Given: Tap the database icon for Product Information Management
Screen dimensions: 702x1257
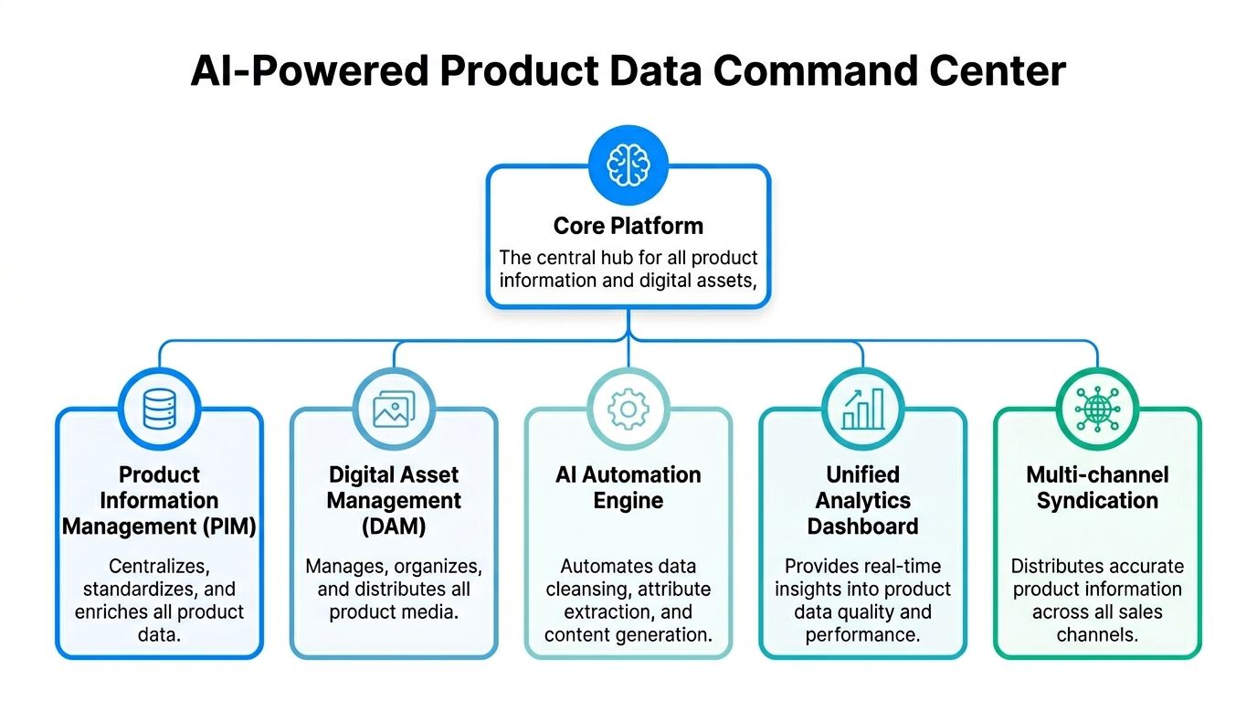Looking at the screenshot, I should tap(159, 409).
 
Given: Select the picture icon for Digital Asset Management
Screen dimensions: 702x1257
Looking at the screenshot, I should tap(394, 409).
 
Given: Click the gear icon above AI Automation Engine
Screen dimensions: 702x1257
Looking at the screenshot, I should tap(628, 409).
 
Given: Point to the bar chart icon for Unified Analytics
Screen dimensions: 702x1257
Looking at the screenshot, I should tap(862, 409).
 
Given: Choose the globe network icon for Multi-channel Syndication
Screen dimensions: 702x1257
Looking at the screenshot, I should tap(1097, 409).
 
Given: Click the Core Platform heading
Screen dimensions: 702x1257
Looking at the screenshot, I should tap(628, 226).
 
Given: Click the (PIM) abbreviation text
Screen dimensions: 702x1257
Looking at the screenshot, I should tap(226, 526).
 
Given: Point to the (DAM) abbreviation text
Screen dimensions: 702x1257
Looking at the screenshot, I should tap(394, 526).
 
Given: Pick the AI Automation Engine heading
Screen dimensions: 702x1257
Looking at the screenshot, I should tap(628, 487).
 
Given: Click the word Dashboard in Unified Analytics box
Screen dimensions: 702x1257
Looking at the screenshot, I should tap(862, 526).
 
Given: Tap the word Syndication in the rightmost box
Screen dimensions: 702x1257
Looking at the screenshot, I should tap(1097, 501).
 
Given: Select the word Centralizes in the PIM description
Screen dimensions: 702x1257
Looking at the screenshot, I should tap(159, 566).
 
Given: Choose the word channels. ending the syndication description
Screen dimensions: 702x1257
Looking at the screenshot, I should tap(1097, 635).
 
